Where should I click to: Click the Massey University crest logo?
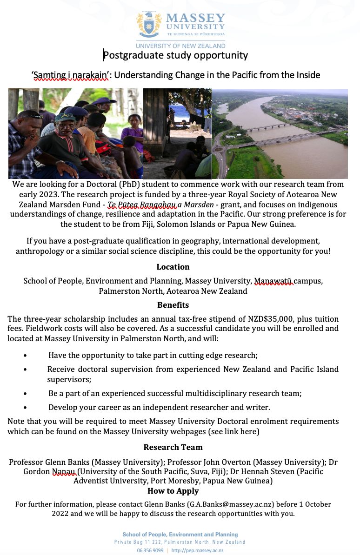[x=149, y=25]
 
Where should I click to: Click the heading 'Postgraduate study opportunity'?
[x=175, y=56]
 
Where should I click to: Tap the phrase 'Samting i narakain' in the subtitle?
[x=70, y=75]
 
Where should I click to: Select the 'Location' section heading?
[x=173, y=267]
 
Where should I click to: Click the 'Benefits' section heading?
[x=173, y=305]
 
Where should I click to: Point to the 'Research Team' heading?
[x=173, y=447]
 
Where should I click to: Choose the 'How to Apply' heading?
[x=173, y=491]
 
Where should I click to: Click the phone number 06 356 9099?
[x=150, y=550]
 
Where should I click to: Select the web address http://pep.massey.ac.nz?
[x=197, y=550]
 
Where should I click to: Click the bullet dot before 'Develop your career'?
[x=25, y=408]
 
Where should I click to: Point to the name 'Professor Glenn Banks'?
[x=49, y=462]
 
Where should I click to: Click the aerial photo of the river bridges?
[x=280, y=134]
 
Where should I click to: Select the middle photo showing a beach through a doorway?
[x=177, y=134]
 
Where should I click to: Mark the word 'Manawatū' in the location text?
[x=273, y=281]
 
